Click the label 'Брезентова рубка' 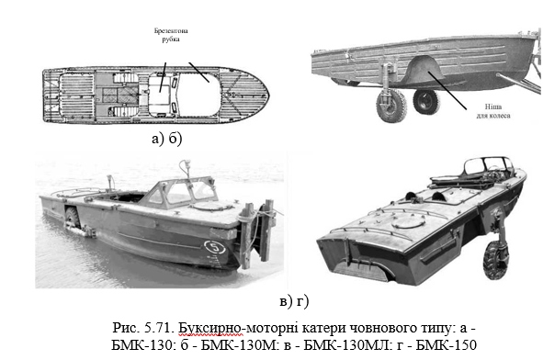tap(171, 35)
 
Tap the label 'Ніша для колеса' tap(492, 111)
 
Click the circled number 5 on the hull tap(215, 247)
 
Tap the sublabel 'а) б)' tap(166, 139)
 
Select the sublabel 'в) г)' tap(294, 301)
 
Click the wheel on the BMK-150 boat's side tap(496, 260)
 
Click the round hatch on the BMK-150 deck tap(409, 221)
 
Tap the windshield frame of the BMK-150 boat tap(488, 164)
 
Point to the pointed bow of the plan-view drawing tap(267, 95)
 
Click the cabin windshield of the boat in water tap(182, 193)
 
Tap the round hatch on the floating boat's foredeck tap(210, 207)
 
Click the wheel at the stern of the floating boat tap(72, 217)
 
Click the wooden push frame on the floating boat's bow tap(257, 232)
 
